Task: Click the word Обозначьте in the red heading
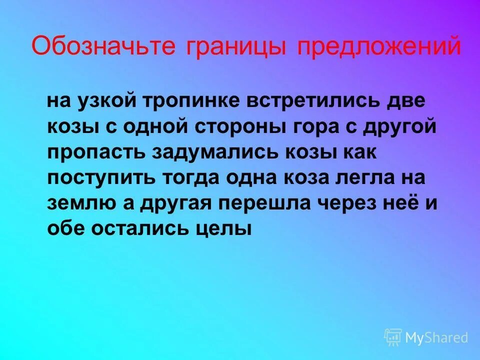(x=104, y=47)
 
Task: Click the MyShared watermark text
(x=436, y=338)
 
